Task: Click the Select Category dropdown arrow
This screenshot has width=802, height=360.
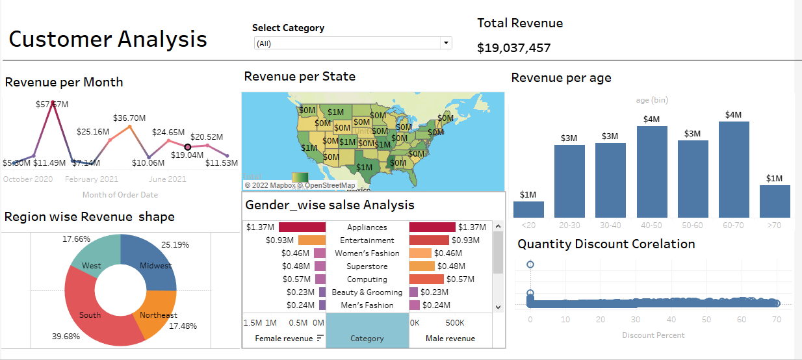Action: coord(446,44)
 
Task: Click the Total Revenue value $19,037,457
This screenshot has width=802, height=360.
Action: coord(513,47)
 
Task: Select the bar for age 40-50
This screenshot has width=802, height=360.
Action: coord(652,172)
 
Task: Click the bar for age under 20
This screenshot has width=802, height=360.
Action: coord(528,209)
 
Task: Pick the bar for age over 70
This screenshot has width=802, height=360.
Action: coord(775,201)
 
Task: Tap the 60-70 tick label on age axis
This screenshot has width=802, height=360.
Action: coord(734,224)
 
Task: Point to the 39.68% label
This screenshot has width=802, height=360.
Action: coord(66,337)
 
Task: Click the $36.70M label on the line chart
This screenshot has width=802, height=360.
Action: coord(129,118)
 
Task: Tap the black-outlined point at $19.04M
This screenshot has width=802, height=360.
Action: coord(188,147)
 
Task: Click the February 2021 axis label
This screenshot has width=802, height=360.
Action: coord(92,179)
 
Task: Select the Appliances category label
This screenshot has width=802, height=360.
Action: coord(367,227)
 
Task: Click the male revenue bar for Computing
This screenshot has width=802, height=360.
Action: coord(426,279)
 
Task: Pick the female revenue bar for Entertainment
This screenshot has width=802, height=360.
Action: coord(312,240)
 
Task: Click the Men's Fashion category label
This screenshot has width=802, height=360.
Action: coord(367,305)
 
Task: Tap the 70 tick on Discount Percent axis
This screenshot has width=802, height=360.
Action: coord(775,320)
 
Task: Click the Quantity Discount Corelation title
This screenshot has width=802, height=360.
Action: coord(606,244)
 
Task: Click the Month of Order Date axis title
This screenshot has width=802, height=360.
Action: coord(120,195)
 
